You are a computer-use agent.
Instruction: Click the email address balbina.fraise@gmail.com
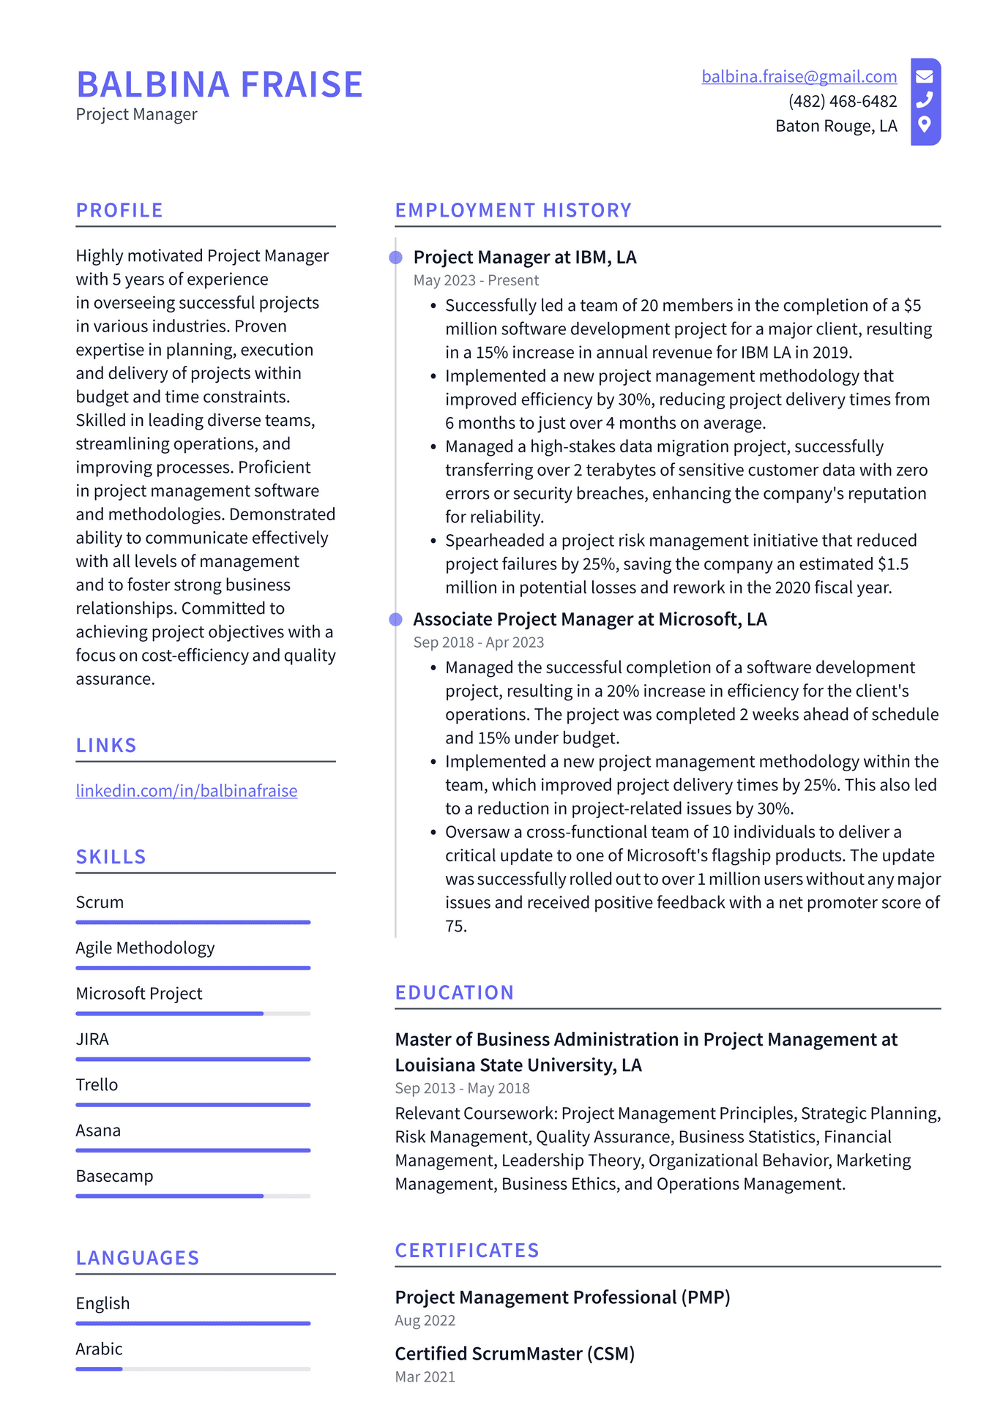click(x=799, y=77)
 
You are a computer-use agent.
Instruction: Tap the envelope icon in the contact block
click(x=925, y=76)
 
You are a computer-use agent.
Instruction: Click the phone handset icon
click(x=925, y=100)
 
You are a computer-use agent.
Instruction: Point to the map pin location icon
click(x=925, y=124)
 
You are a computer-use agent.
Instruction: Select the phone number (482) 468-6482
click(x=843, y=101)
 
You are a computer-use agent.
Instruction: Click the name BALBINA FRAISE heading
click(x=220, y=85)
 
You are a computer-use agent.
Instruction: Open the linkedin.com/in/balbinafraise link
click(x=187, y=791)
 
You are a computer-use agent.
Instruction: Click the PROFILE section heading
click(x=119, y=211)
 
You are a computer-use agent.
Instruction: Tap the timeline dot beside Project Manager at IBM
click(x=396, y=258)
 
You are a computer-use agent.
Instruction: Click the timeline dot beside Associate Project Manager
click(x=396, y=620)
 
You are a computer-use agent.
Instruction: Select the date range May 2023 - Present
click(x=476, y=280)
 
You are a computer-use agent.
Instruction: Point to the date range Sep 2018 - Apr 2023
click(x=479, y=642)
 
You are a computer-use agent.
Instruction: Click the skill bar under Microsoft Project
click(x=193, y=1013)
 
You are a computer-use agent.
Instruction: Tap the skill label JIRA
click(x=92, y=1039)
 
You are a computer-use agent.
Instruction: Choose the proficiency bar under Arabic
click(x=193, y=1368)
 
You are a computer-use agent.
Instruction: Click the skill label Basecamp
click(x=115, y=1176)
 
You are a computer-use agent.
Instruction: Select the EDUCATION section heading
click(x=455, y=993)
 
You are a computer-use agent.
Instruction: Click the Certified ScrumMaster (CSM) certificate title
click(x=515, y=1354)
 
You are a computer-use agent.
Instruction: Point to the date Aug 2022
click(x=425, y=1321)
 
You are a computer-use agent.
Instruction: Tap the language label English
click(x=103, y=1303)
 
